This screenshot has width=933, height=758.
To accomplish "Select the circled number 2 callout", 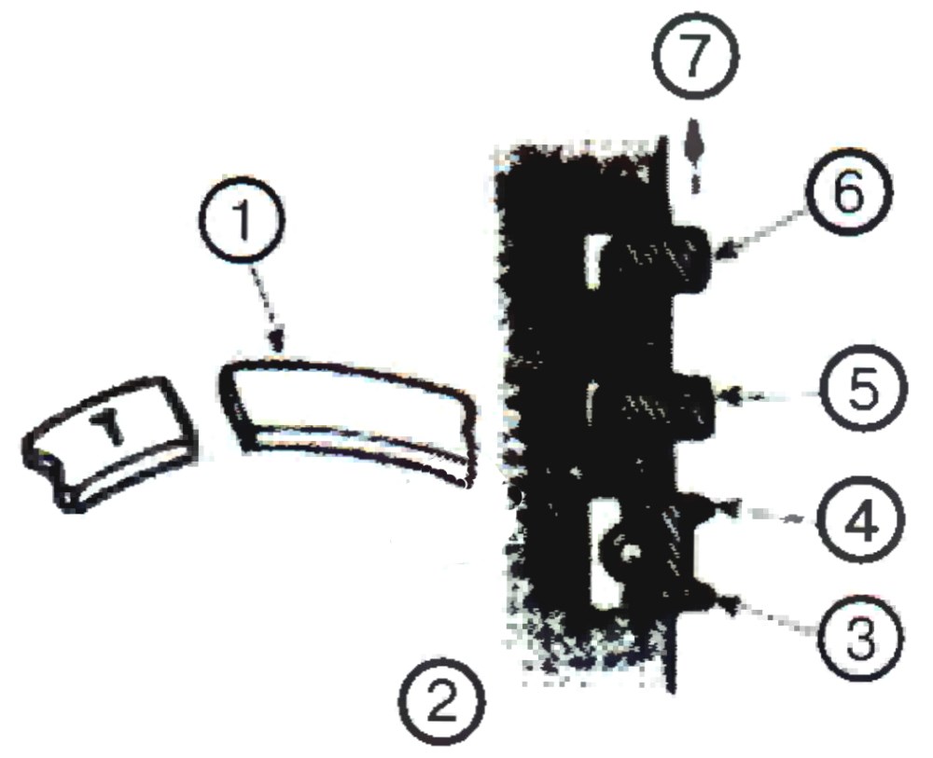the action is click(x=441, y=705).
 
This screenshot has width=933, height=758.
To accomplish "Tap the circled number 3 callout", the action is click(x=861, y=639).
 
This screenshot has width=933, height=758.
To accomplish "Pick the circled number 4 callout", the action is click(x=861, y=519).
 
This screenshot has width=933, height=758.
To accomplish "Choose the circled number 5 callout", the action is click(x=864, y=388).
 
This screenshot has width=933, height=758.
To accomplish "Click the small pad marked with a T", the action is click(x=109, y=442).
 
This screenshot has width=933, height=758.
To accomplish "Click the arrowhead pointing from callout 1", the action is click(x=274, y=341).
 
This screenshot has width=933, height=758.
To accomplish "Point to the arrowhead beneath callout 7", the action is click(x=695, y=140).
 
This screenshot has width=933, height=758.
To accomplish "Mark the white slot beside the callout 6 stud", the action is click(x=595, y=262).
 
